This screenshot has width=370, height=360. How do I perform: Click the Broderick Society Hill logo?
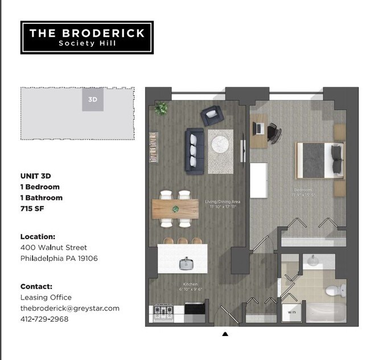[87, 38]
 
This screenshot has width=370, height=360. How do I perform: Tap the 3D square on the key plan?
[93, 100]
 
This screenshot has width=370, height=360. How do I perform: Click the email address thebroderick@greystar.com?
[70, 308]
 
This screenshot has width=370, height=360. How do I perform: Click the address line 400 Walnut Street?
[54, 247]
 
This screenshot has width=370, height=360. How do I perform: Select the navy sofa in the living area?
[194, 152]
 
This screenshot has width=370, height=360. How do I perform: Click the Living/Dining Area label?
[220, 203]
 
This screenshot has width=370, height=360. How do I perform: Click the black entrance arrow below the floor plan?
[225, 334]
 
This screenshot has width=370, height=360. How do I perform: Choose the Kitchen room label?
[190, 284]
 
